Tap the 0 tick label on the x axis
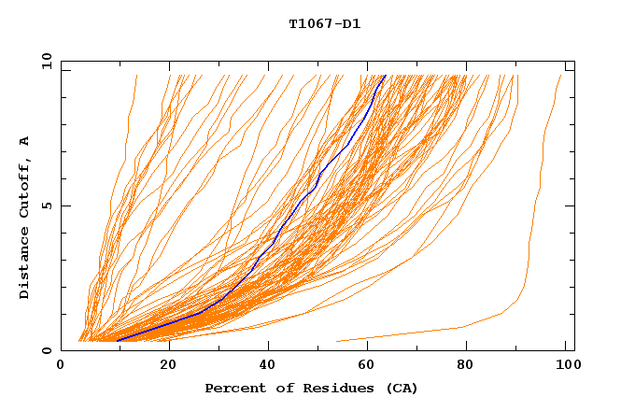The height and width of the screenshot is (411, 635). click(61, 366)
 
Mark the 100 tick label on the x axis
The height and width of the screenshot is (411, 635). click(564, 366)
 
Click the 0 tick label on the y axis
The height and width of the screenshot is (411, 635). click(47, 350)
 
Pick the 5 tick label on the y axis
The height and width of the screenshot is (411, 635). click(47, 205)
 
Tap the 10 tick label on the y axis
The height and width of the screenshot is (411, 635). click(44, 61)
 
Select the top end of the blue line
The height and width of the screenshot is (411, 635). click(385, 76)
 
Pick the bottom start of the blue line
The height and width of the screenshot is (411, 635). click(118, 340)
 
